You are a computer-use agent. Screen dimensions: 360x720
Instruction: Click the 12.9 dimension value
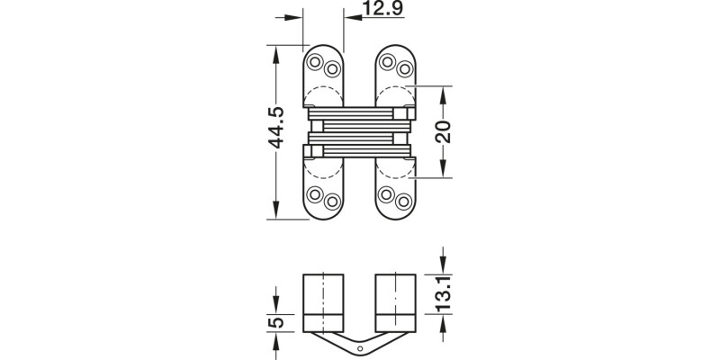pos(382,10)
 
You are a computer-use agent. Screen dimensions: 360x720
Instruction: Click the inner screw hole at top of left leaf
pos(331,68)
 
